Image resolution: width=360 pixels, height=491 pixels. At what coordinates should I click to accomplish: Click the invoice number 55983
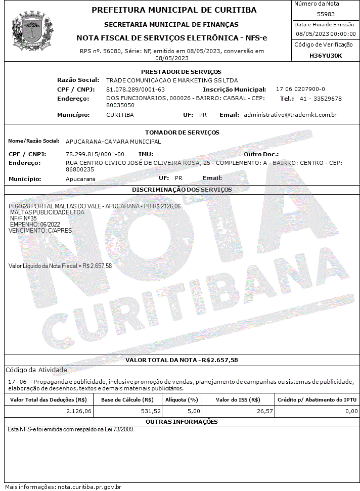tap(326, 14)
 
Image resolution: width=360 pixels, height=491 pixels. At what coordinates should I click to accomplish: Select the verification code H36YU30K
tap(326, 56)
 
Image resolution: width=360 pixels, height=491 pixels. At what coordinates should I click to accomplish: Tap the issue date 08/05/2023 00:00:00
tap(326, 34)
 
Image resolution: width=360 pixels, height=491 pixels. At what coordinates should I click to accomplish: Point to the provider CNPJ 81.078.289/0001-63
tap(136, 90)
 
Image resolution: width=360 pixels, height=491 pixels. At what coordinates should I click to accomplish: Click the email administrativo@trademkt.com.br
tap(290, 115)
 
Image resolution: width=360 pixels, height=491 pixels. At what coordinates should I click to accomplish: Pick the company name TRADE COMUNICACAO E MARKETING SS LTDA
tap(172, 80)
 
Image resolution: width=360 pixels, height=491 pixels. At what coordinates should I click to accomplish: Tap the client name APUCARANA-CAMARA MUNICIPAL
tap(113, 142)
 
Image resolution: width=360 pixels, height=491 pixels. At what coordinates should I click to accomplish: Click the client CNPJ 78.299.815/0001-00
tap(95, 154)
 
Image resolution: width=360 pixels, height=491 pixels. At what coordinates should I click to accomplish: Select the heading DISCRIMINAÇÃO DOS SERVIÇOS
tap(182, 190)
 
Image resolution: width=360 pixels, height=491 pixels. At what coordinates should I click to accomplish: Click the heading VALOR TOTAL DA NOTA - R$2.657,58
tap(182, 360)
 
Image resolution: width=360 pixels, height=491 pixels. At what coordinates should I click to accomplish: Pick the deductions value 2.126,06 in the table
tap(79, 412)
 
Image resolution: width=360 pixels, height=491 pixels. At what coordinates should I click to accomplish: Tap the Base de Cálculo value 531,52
tap(151, 412)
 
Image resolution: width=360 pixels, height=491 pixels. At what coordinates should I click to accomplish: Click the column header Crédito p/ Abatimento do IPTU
tap(317, 400)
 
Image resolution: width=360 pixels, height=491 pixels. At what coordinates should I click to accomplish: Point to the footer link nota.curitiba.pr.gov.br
tap(89, 487)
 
